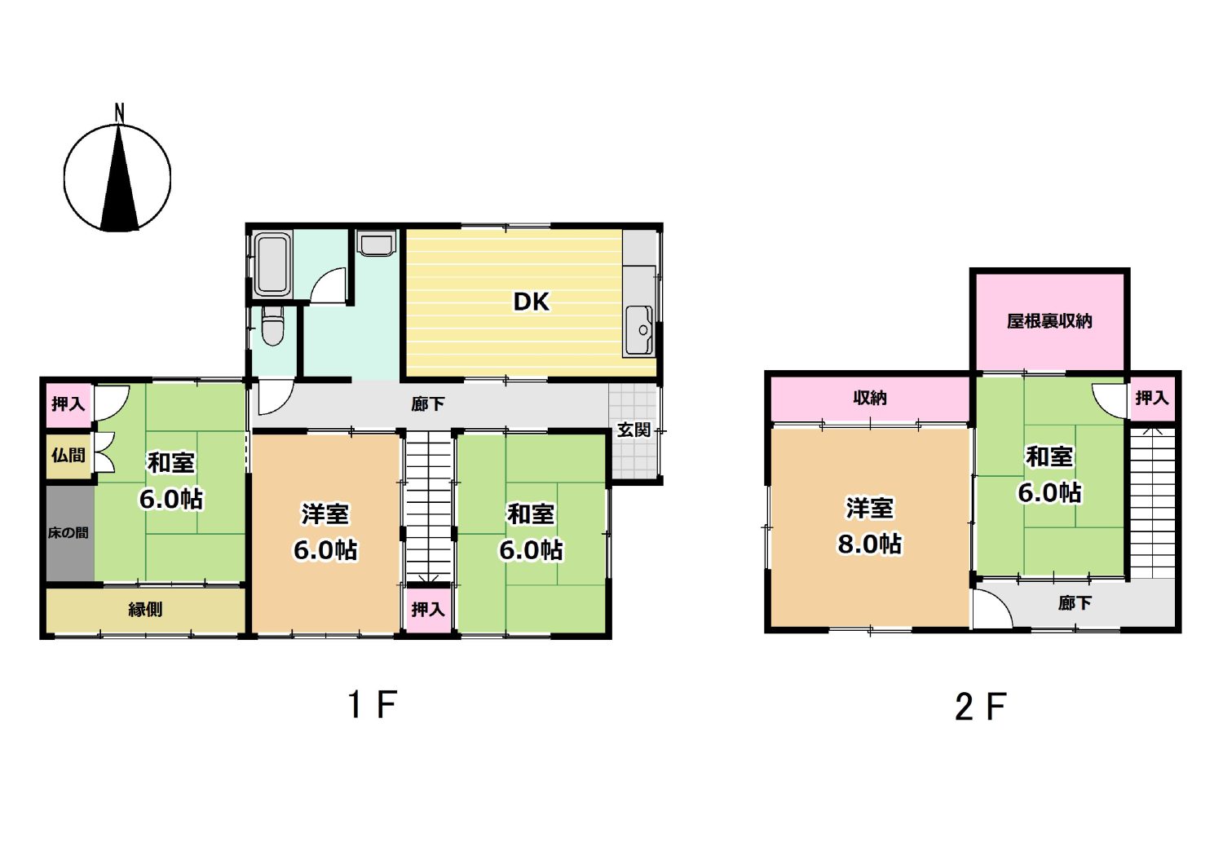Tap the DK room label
coord(531,302)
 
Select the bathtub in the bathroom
coord(272,265)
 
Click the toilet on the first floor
coord(272,325)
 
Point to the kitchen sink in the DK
coord(638,331)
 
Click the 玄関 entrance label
coord(634,430)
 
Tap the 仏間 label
coord(68,455)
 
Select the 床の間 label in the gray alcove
coord(68,533)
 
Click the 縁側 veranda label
coord(145,610)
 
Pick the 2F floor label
coord(981,707)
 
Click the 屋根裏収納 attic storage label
coord(1049,321)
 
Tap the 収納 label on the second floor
coord(870,398)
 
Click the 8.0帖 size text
coord(870,544)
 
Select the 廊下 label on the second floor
coord(1075,603)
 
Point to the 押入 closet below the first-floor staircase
coord(428,608)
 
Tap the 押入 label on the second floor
coord(1152,398)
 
